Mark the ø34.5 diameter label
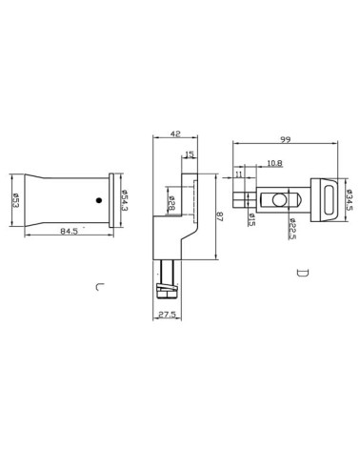tap(348, 200)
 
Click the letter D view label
tap(302, 274)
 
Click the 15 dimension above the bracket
tap(190, 155)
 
